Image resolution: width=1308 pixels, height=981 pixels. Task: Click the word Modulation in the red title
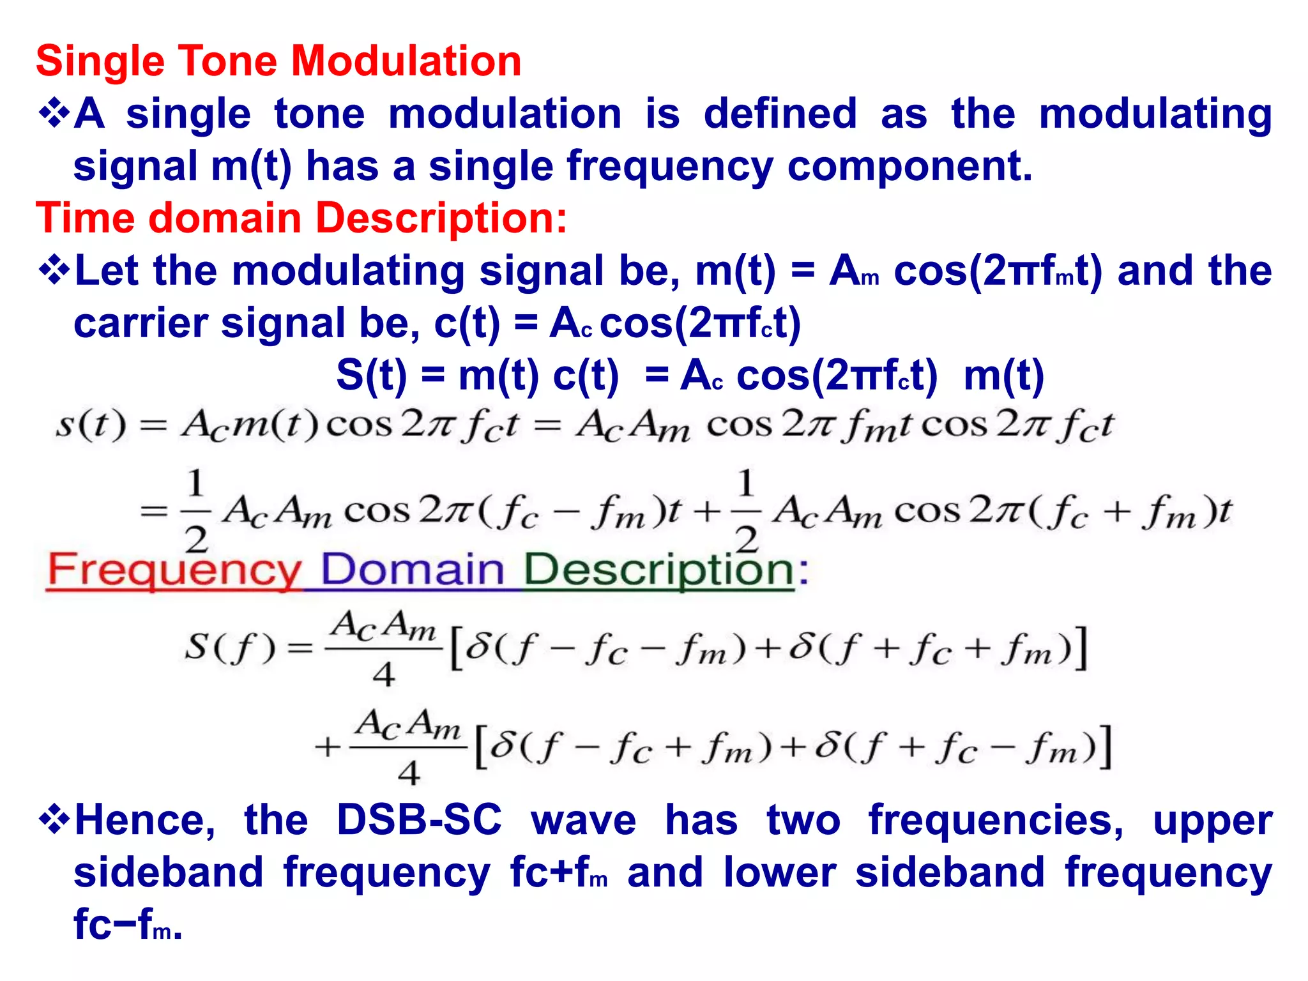click(406, 61)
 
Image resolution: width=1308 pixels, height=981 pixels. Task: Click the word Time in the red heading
click(83, 218)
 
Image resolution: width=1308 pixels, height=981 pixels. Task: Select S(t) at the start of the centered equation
click(371, 376)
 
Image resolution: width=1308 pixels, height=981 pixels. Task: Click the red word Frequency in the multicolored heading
click(174, 570)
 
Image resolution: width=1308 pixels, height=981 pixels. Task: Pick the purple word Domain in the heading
click(413, 570)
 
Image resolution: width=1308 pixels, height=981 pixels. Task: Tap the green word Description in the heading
click(658, 570)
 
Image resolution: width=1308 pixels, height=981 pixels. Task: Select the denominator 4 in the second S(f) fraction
click(409, 773)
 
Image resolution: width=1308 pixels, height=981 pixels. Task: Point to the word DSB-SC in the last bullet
click(419, 820)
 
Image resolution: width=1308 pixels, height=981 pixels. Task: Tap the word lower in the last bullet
click(780, 872)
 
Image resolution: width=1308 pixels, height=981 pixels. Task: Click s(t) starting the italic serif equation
click(91, 425)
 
